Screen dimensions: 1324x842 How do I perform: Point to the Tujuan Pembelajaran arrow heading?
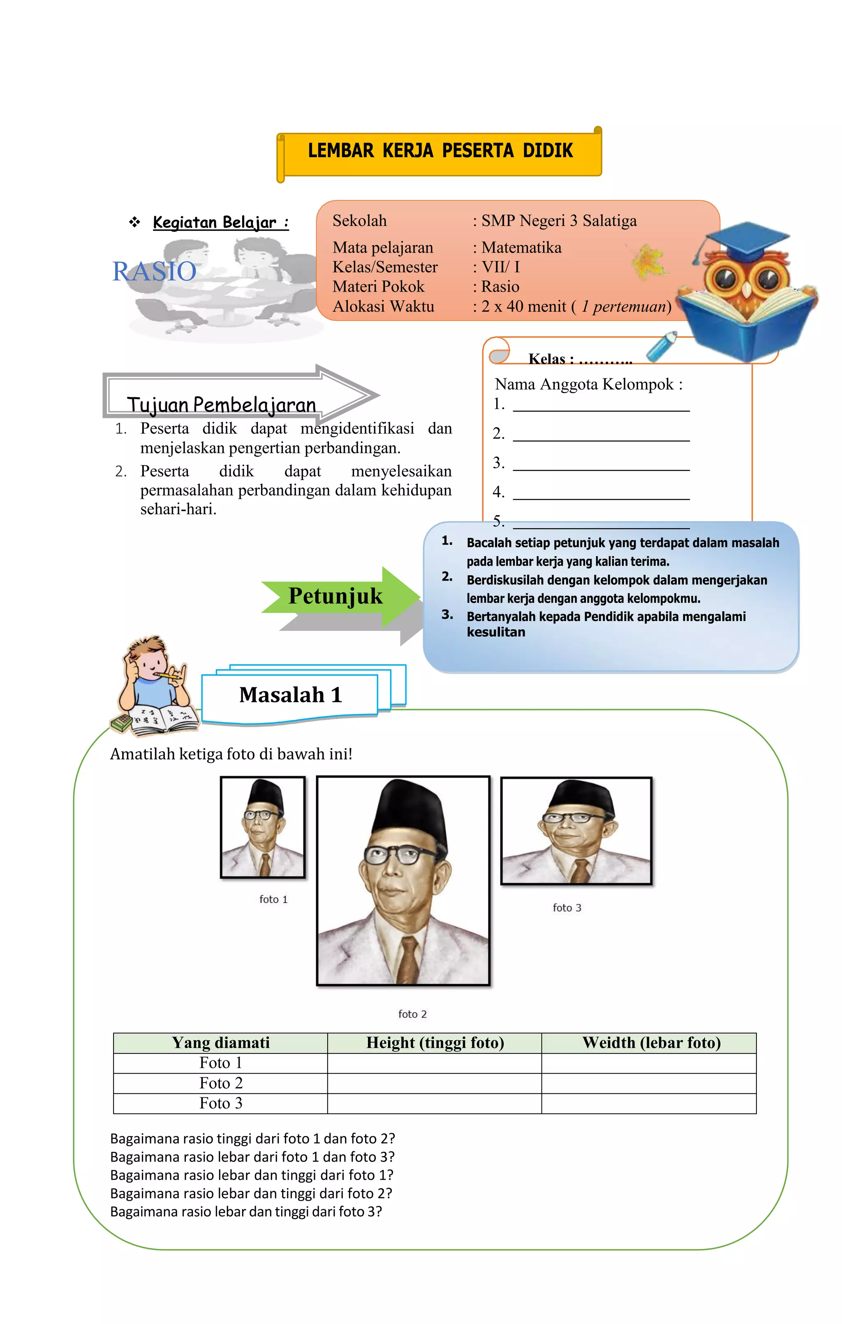[x=222, y=404]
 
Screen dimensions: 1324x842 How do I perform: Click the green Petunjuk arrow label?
[x=335, y=596]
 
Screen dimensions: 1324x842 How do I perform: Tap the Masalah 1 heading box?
[x=290, y=695]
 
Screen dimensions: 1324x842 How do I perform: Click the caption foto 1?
[x=273, y=899]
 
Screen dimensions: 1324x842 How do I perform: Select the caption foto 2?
[x=412, y=1014]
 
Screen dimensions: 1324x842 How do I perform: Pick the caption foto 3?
[x=567, y=908]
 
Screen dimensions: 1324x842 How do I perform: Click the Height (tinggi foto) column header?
[x=435, y=1043]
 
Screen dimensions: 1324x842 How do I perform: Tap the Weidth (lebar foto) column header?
[x=651, y=1043]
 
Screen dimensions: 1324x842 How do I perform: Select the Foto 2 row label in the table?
[x=220, y=1083]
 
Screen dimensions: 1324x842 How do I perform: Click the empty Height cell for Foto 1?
[x=434, y=1063]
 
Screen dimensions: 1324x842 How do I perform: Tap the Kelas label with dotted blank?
[x=580, y=359]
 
